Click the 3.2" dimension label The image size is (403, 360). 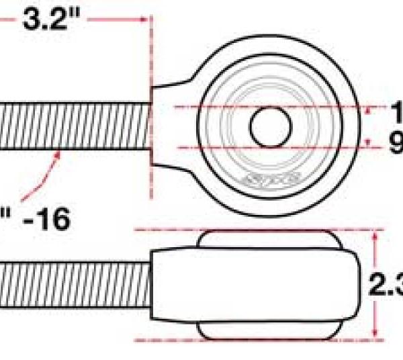pyautogui.click(x=51, y=19)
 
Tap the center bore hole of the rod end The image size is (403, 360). pyautogui.click(x=271, y=126)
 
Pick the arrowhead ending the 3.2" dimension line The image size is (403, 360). pyautogui.click(x=143, y=19)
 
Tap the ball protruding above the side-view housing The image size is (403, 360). pyautogui.click(x=269, y=239)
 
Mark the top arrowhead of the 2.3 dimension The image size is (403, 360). pyautogui.click(x=373, y=234)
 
